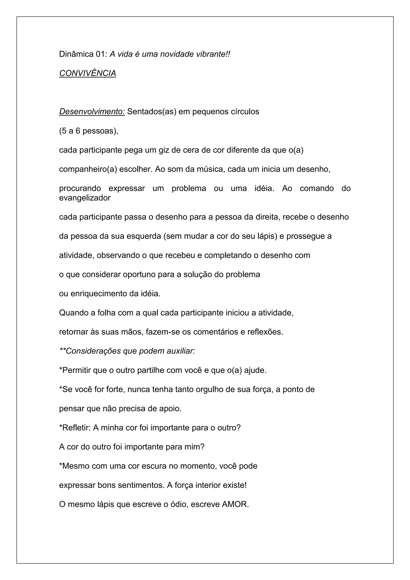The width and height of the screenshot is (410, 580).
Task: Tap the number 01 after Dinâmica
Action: pyautogui.click(x=102, y=54)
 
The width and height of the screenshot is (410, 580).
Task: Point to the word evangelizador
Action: pyautogui.click(x=85, y=198)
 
